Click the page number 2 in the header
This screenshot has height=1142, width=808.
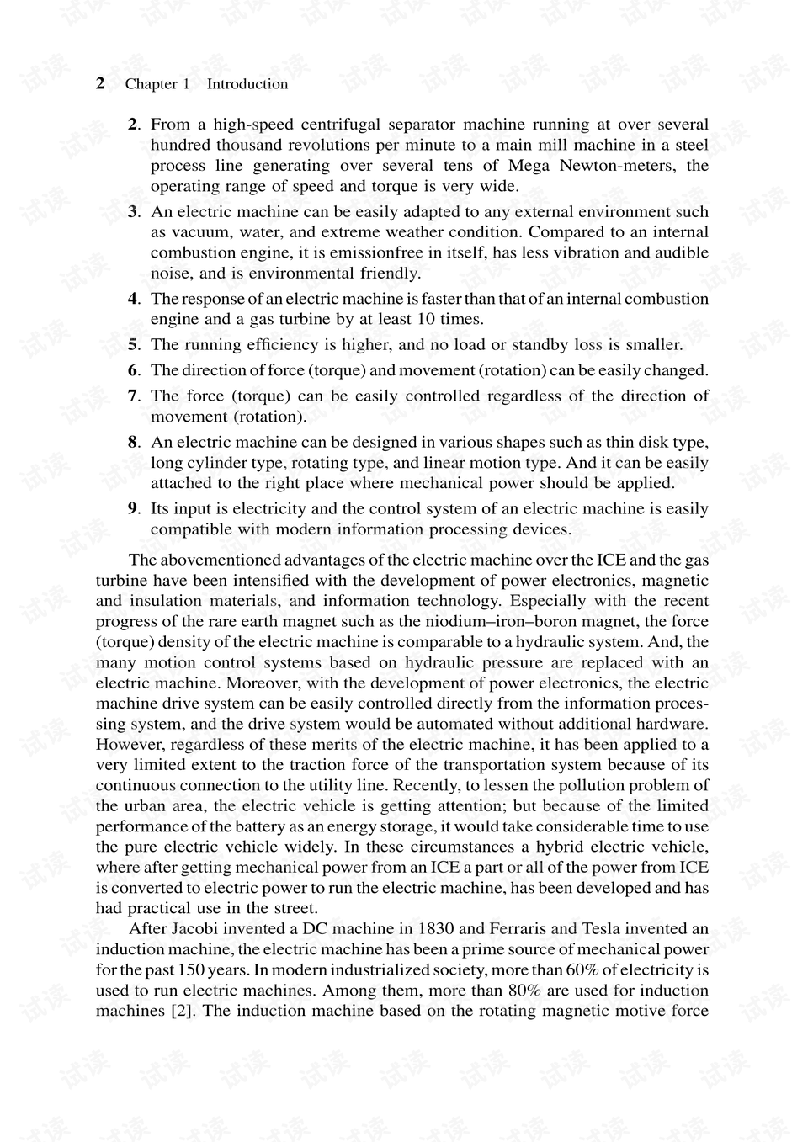click(100, 82)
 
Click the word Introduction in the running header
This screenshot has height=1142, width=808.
click(247, 84)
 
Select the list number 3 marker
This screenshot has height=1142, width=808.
click(133, 211)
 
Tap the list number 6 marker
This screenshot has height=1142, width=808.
click(133, 370)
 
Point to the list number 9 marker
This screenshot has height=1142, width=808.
click(133, 508)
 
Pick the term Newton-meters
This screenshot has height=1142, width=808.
click(621, 166)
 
